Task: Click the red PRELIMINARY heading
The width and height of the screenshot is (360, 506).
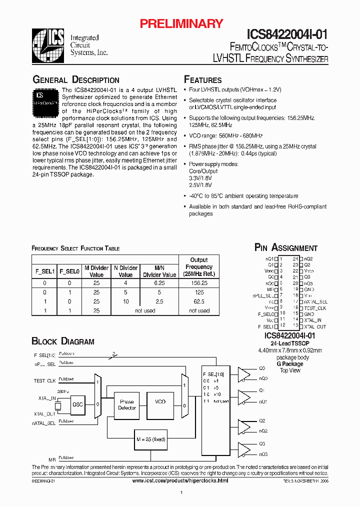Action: coord(180,23)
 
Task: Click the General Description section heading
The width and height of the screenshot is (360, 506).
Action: coord(76,80)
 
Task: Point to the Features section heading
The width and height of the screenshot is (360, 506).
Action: coord(203,80)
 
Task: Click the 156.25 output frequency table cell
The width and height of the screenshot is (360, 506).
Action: coord(199,282)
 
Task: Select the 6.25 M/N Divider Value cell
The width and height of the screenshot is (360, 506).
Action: coord(159,282)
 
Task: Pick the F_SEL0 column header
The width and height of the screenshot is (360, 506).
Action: coord(69,271)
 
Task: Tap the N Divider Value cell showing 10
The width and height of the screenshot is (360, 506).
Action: coord(125,301)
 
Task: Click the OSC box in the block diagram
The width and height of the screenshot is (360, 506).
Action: coord(77,404)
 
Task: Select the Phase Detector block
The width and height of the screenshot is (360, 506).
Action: coord(127,405)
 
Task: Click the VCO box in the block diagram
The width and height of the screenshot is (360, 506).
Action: coord(160,401)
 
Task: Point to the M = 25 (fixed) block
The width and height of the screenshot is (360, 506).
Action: coord(150,439)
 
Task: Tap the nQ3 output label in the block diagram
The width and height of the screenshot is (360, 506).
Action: coord(263,454)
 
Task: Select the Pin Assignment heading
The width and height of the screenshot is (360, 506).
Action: coord(286,247)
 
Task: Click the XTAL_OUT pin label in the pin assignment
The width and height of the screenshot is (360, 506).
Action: coord(314,326)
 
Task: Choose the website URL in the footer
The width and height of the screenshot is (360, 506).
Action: coord(180,480)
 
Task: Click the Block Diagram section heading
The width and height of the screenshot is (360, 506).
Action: coord(63,341)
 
